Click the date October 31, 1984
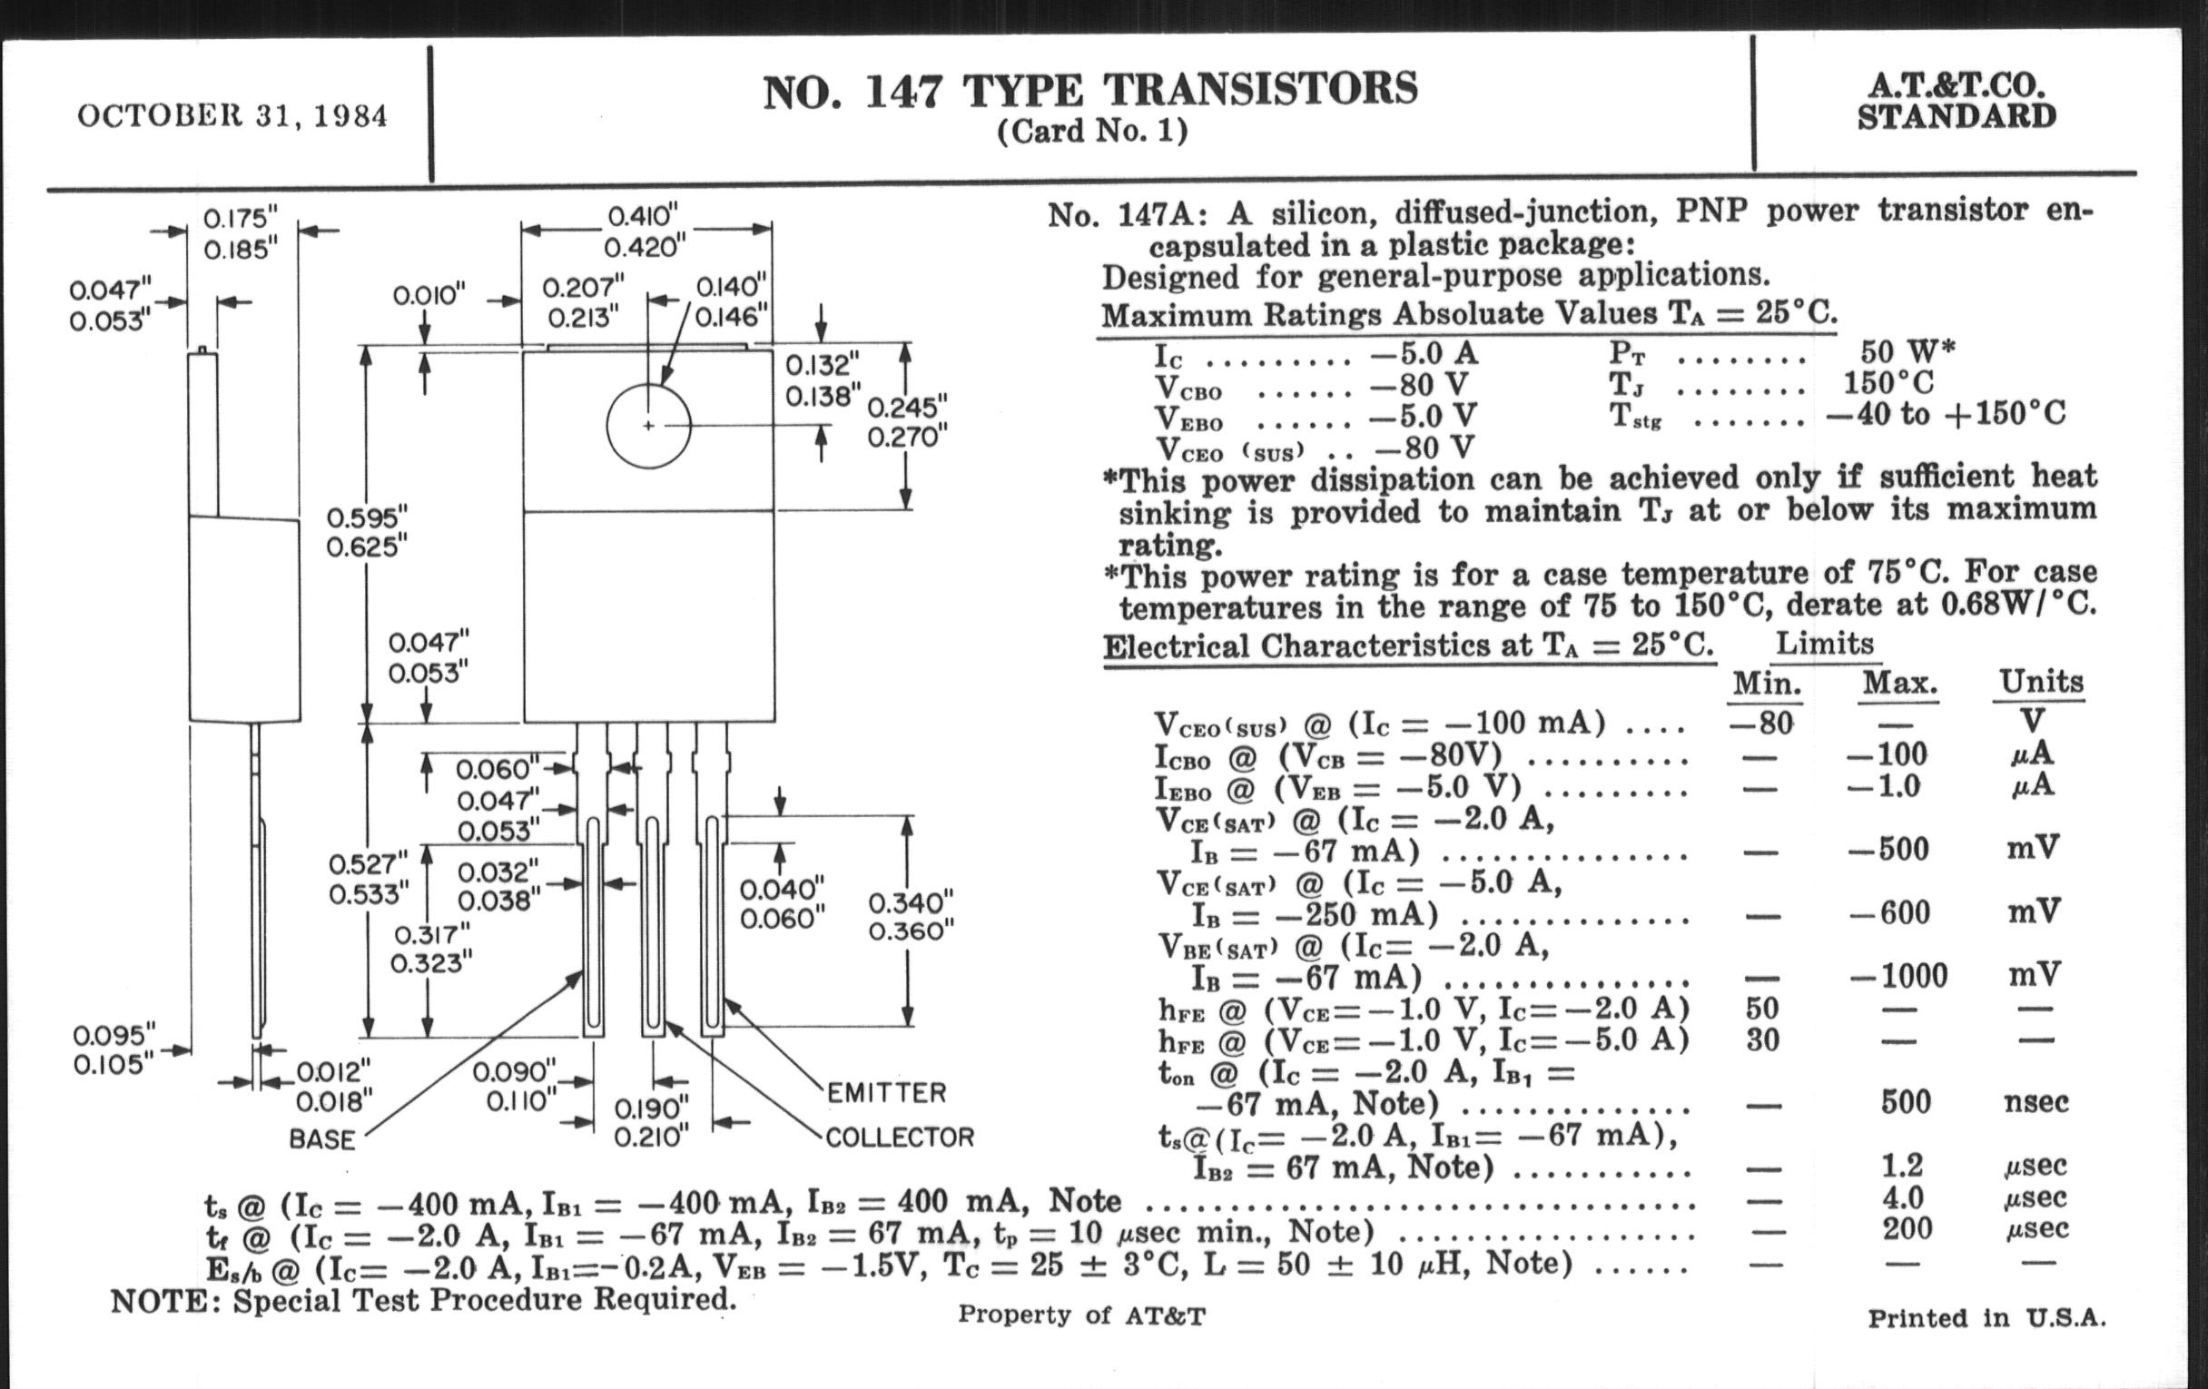coord(232,116)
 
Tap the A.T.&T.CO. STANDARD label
coord(1957,102)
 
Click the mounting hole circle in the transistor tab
coord(648,426)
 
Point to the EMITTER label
coord(886,1093)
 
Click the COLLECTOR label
coord(900,1137)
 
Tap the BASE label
coord(321,1139)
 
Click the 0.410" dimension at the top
coord(642,216)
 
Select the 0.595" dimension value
coord(367,517)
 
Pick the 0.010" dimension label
coord(429,295)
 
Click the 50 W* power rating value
coord(1907,351)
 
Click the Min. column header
coord(1766,683)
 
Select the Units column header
coord(2041,682)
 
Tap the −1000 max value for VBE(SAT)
coord(1898,976)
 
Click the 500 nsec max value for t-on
coord(1906,1101)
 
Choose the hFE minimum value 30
coord(1762,1039)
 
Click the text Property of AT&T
coord(1081,1315)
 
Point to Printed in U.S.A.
coord(1987,1318)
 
